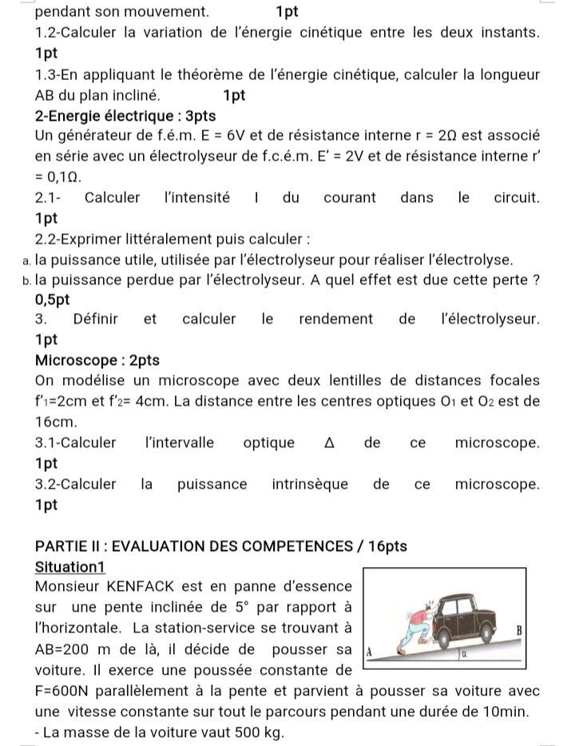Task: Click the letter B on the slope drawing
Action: point(519,630)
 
